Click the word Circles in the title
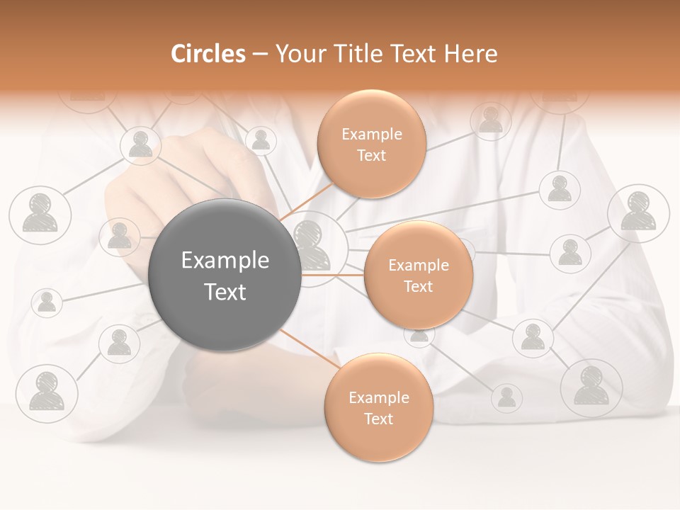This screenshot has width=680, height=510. (x=208, y=54)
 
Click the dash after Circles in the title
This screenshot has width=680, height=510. (x=260, y=55)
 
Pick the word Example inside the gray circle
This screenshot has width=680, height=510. (x=225, y=261)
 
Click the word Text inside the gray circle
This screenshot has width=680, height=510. (x=225, y=292)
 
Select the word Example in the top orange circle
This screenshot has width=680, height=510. (x=372, y=135)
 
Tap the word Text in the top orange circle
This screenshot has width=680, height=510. (x=371, y=155)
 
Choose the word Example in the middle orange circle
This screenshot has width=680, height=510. (x=419, y=266)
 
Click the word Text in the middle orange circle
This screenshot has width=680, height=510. (x=418, y=286)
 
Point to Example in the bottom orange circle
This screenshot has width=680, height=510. (x=379, y=398)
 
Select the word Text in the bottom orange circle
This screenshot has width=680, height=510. (x=378, y=419)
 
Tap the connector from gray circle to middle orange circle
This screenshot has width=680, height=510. (x=333, y=275)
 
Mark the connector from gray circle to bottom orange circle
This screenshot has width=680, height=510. (x=310, y=348)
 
